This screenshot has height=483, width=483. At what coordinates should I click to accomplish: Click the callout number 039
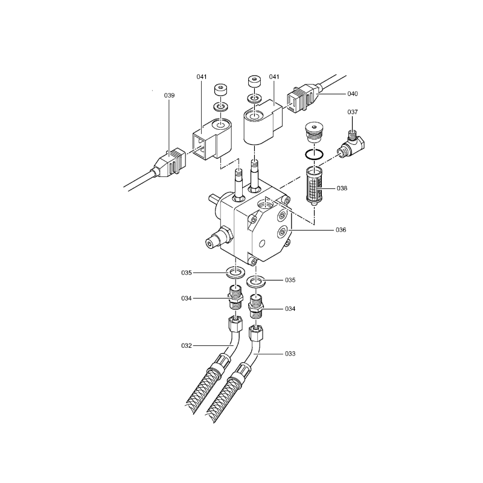point(169,95)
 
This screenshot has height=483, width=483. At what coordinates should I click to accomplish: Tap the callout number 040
point(353,94)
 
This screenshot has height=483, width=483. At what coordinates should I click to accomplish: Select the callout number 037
point(353,112)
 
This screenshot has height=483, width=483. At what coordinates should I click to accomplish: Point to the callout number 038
point(342,188)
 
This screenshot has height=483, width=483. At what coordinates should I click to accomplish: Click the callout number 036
point(341,230)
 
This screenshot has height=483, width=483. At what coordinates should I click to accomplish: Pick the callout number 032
point(187,345)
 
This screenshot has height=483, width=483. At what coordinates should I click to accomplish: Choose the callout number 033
point(290,354)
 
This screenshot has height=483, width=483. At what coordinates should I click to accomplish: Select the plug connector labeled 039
point(169,163)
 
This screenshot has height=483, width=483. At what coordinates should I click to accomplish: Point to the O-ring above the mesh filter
point(314,155)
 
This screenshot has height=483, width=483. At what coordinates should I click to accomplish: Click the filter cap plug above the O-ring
point(314,132)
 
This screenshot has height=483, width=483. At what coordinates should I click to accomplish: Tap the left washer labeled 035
point(235,273)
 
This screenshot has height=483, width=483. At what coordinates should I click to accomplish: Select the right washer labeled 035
point(255,281)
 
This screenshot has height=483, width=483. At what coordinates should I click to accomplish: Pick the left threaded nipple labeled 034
point(235,298)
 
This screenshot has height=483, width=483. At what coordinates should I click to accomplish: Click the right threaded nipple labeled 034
point(256,307)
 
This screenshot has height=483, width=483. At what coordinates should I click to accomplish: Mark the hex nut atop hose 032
point(235,325)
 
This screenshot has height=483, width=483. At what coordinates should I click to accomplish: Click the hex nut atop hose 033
point(256,334)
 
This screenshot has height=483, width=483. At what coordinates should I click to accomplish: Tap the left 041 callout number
point(202,77)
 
